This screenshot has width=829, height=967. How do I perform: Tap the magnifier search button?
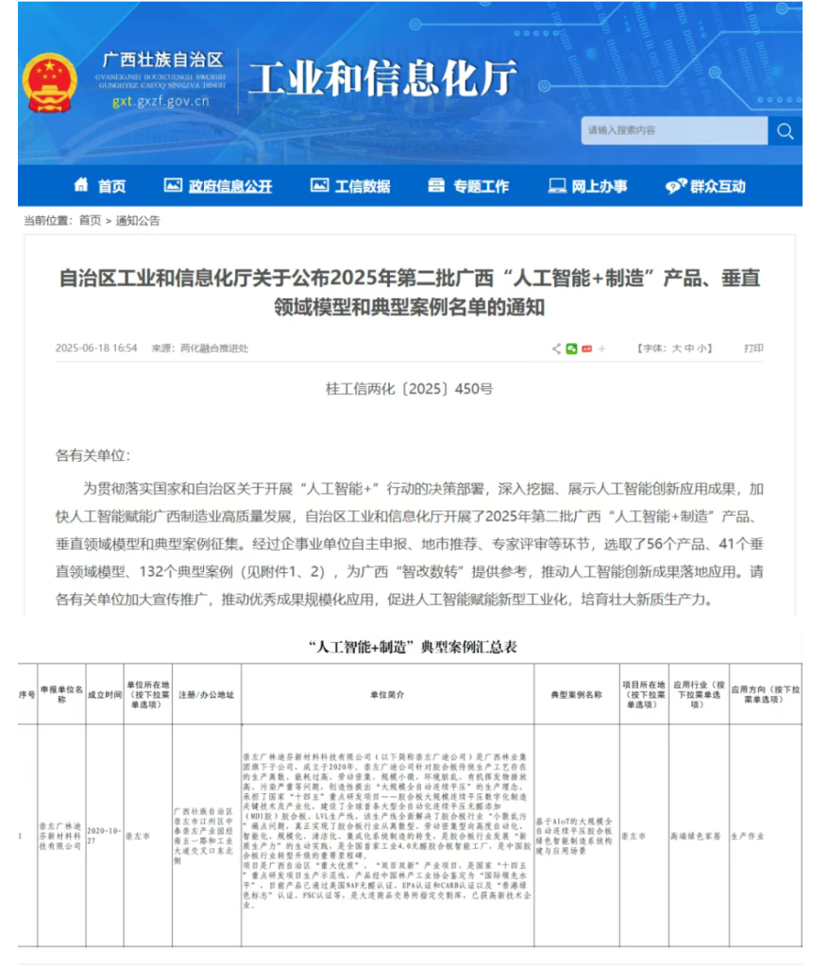click(x=785, y=131)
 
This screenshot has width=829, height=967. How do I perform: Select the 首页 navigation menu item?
click(x=100, y=186)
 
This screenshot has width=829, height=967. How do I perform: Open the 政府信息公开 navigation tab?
click(x=218, y=186)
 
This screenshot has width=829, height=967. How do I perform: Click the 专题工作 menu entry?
click(x=469, y=186)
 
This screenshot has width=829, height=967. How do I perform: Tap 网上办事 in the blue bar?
click(x=587, y=186)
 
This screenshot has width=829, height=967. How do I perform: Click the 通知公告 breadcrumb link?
click(x=138, y=221)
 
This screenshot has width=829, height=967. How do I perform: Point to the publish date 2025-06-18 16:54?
click(x=96, y=348)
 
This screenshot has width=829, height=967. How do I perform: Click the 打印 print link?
click(x=753, y=348)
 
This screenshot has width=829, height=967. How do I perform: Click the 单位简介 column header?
click(x=387, y=694)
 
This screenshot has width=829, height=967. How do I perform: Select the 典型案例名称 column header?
click(x=576, y=694)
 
